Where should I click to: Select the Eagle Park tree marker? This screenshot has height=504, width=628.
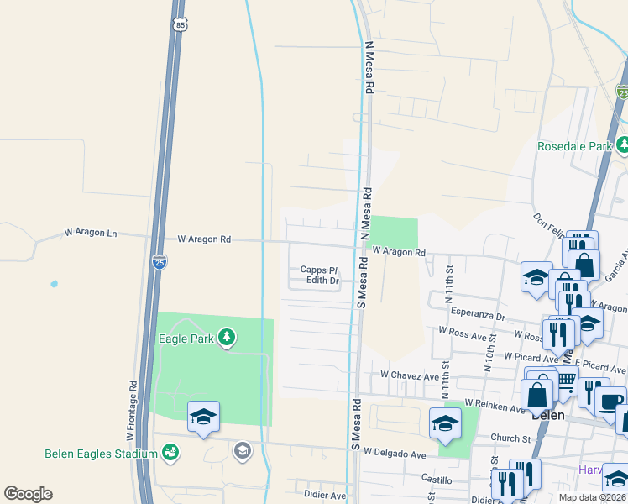(x=226, y=338)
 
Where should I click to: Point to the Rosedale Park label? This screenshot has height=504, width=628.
(x=575, y=146)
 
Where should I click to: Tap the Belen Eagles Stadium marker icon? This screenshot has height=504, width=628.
(x=170, y=453)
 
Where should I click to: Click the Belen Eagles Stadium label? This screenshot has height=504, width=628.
(x=101, y=454)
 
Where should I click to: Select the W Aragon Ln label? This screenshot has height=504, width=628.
(x=91, y=233)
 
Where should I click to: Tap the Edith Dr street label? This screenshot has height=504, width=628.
(x=322, y=281)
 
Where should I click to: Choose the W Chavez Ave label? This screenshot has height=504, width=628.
(x=410, y=375)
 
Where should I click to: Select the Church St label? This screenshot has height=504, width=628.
(x=510, y=438)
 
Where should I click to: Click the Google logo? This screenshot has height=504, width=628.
(x=28, y=494)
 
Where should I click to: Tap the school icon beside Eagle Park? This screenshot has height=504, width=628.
(x=203, y=416)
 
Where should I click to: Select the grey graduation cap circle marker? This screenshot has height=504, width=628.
(x=242, y=452)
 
